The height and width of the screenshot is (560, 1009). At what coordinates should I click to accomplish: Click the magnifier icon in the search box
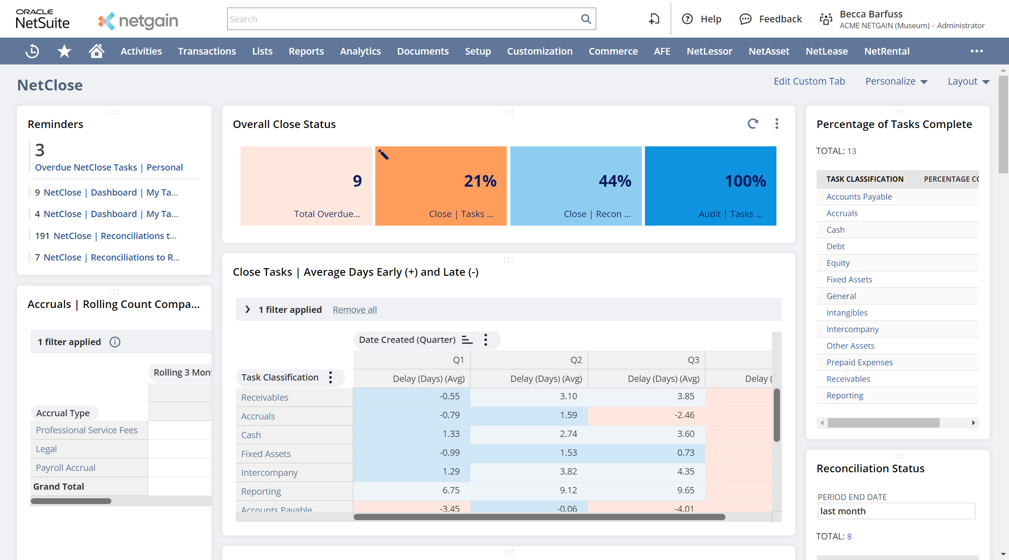coord(585,19)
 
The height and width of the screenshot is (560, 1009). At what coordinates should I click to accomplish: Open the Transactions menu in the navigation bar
coord(207,51)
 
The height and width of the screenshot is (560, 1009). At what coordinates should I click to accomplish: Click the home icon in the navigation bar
coord(96,51)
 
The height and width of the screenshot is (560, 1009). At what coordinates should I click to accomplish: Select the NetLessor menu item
coord(709,51)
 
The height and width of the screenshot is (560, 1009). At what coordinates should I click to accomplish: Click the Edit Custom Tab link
coord(809,81)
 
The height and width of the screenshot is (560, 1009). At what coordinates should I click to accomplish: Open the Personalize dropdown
coord(896,81)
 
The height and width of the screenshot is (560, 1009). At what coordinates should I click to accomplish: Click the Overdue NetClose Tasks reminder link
coord(86,167)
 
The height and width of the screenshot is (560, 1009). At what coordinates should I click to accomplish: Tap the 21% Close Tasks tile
coord(441,186)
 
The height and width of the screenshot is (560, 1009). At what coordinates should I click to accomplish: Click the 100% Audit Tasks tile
coord(710,186)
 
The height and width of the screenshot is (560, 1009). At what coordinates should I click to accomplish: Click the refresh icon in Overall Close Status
coord(753,124)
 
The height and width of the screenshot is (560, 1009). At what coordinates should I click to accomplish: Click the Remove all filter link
coord(355,310)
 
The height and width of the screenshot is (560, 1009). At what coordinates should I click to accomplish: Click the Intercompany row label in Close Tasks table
coord(269,473)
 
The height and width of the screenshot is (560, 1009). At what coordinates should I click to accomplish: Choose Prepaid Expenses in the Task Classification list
coord(859,363)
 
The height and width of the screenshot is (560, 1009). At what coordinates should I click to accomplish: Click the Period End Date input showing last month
coord(896,511)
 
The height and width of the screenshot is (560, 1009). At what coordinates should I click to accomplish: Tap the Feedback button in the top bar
coord(771,19)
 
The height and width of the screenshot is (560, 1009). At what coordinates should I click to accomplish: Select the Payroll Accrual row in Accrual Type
coord(66,468)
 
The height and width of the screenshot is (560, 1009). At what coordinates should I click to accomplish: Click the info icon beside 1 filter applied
coord(115,342)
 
